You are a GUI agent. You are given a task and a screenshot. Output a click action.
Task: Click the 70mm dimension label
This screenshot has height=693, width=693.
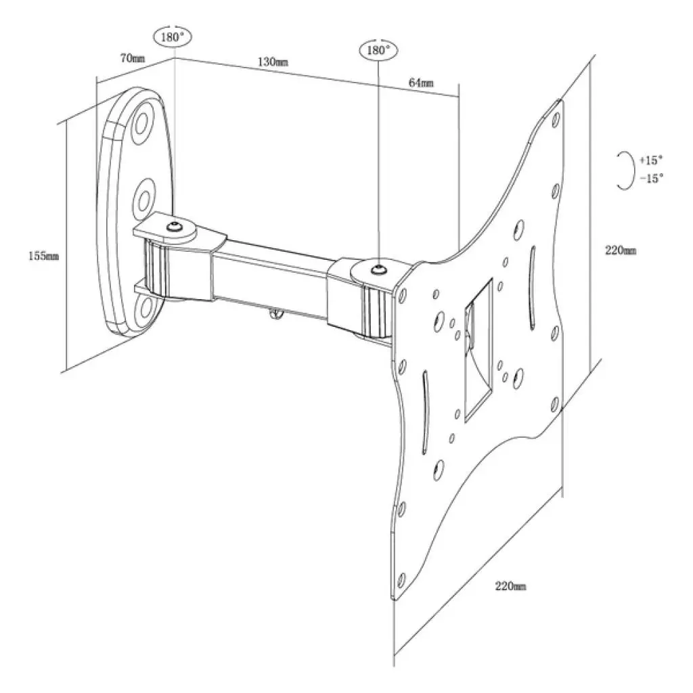pyautogui.click(x=132, y=58)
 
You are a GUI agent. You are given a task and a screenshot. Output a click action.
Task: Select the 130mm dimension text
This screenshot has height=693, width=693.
pyautogui.click(x=273, y=62)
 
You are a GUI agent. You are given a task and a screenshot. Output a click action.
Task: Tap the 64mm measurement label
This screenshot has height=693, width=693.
pyautogui.click(x=421, y=83)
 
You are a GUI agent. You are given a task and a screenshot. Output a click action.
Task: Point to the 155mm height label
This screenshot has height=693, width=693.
pyautogui.click(x=43, y=256)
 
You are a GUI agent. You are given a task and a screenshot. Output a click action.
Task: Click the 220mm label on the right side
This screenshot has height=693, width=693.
pyautogui.click(x=620, y=250)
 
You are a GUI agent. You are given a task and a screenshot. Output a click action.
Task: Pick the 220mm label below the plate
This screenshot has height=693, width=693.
pyautogui.click(x=510, y=586)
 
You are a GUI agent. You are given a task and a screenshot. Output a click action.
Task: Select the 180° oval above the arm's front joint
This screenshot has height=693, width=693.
pyautogui.click(x=378, y=51)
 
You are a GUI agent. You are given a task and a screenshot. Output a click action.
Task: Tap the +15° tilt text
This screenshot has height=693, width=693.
pyautogui.click(x=650, y=160)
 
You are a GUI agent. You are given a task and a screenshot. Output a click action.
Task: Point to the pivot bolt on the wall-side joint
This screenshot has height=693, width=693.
pyautogui.click(x=175, y=227)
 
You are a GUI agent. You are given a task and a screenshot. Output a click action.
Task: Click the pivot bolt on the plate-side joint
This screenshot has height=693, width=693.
pyautogui.click(x=378, y=270)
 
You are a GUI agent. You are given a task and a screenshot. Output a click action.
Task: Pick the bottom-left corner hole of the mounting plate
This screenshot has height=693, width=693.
pyautogui.click(x=401, y=580)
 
